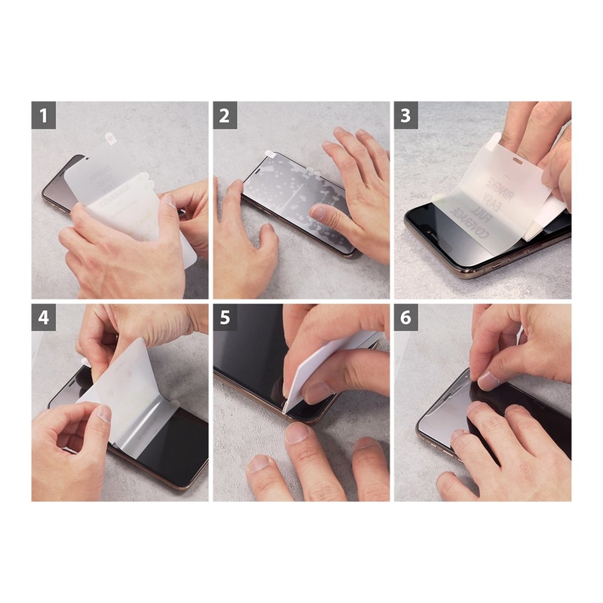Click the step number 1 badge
pos(44,115)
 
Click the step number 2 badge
pos(225,115)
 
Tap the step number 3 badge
pos(406,115)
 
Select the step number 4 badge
pos(44,317)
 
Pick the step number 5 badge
pos(225,317)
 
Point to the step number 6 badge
pos(406,317)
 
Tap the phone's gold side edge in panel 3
pos(482,265)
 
